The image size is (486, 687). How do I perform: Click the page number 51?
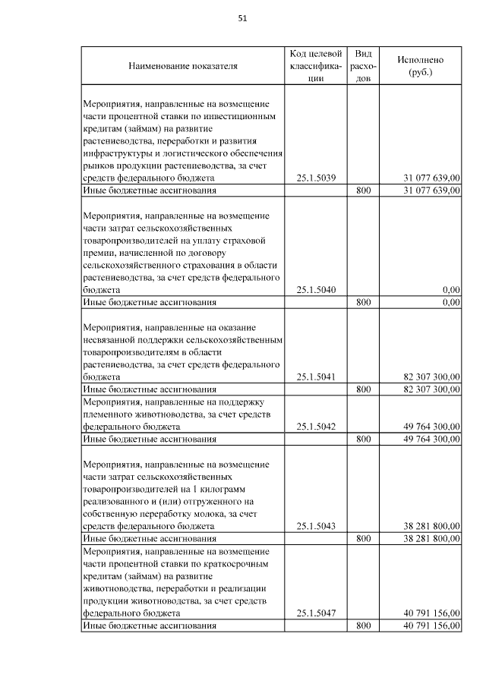point(243,18)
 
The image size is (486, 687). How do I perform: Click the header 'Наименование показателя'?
point(182,66)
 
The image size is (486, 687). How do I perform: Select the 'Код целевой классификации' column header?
point(316,66)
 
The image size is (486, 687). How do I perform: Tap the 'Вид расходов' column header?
point(363,66)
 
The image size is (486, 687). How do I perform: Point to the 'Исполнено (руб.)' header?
point(420,66)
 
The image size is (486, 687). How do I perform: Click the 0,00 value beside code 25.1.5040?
point(451,290)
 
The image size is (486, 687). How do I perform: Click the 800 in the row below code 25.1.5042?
point(363,439)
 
